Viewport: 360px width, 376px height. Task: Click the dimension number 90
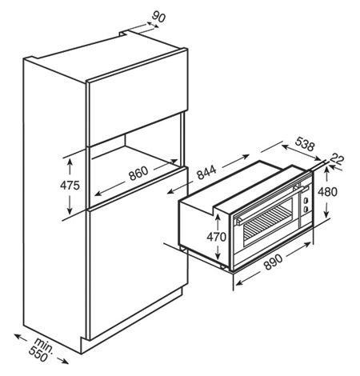pos(158,17)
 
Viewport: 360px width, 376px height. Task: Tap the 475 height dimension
pos(70,186)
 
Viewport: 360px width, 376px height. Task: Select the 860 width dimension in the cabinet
pos(138,173)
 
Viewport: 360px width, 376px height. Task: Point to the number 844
pos(206,172)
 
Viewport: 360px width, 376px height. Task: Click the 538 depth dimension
pos(305,144)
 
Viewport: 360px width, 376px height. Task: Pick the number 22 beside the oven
pos(337,158)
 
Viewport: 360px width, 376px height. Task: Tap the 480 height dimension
pos(327,191)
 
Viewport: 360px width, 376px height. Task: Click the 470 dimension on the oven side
pos(217,237)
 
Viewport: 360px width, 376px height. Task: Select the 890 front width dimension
pos(273,262)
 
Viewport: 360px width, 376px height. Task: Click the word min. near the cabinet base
pos(45,345)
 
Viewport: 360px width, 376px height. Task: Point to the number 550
pos(38,354)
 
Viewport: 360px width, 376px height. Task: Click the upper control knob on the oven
pos(306,200)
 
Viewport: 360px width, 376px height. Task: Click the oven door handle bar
pos(270,204)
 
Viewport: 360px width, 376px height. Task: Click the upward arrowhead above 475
pos(70,162)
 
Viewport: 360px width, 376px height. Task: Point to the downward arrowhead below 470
pos(218,255)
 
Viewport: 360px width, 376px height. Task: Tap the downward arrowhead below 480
pos(326,214)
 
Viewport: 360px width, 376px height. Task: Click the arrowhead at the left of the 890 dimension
pos(239,282)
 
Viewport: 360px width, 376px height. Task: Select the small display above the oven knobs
pos(305,190)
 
